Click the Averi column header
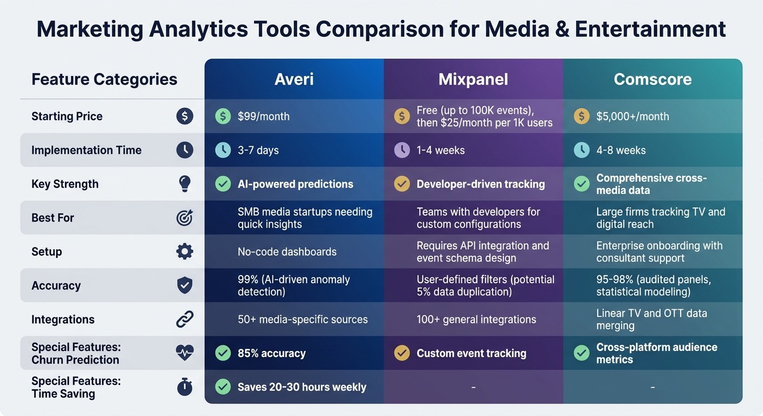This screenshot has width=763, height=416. pyautogui.click(x=294, y=79)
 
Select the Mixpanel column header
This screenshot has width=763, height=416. pyautogui.click(x=473, y=79)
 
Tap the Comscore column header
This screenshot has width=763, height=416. pyautogui.click(x=652, y=79)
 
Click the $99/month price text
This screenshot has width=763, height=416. pyautogui.click(x=263, y=116)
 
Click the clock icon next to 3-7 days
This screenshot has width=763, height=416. pyautogui.click(x=223, y=150)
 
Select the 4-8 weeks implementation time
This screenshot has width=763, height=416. pyautogui.click(x=621, y=150)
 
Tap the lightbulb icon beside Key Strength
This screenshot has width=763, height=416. pyautogui.click(x=185, y=184)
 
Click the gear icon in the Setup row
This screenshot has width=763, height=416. pyautogui.click(x=185, y=251)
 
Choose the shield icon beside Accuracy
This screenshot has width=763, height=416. pyautogui.click(x=185, y=285)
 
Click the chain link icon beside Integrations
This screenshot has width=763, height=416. pyautogui.click(x=185, y=320)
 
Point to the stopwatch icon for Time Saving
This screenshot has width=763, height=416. pyautogui.click(x=185, y=387)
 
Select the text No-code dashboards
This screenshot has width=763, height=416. pyautogui.click(x=287, y=252)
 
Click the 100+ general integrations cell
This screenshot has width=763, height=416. pyautogui.click(x=476, y=320)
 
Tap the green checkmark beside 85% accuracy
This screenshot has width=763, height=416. pyautogui.click(x=223, y=353)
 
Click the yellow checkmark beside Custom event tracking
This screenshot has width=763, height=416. pyautogui.click(x=402, y=353)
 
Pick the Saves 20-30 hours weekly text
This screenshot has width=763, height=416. pyautogui.click(x=302, y=387)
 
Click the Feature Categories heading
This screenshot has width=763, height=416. pyautogui.click(x=104, y=79)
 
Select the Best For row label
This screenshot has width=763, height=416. pyautogui.click(x=53, y=218)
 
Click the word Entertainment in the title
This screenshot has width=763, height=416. pyautogui.click(x=650, y=29)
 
